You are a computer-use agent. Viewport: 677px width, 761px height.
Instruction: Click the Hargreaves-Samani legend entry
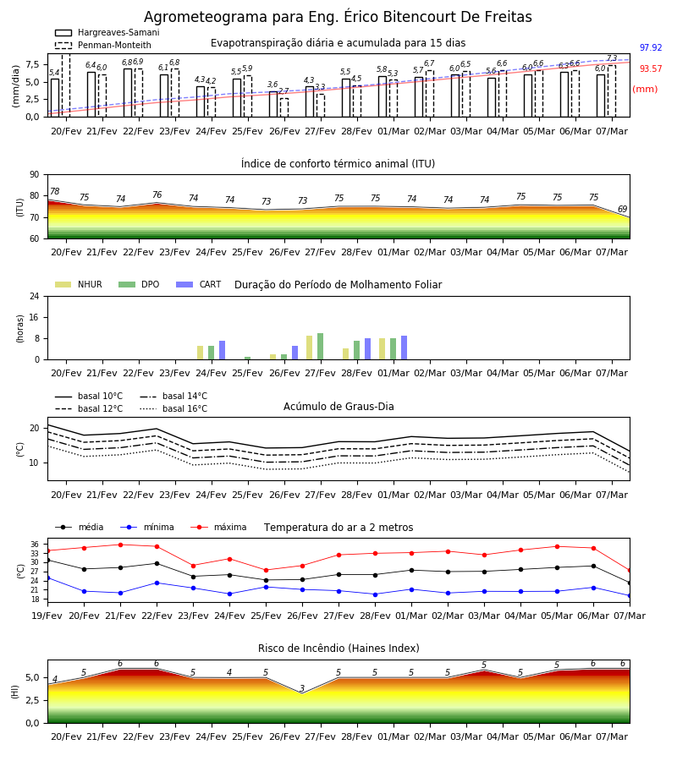coord(107,32)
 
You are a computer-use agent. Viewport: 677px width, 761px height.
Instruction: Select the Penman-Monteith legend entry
coord(103,45)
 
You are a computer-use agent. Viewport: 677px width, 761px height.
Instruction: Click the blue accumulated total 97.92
coord(651,47)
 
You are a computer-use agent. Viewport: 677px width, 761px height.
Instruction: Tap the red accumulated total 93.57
coord(651,69)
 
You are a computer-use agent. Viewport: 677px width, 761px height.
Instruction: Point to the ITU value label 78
coord(55,191)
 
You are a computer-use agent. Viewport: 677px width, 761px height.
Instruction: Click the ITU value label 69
coord(622,209)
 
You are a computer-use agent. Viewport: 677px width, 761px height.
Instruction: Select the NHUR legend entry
coord(79,284)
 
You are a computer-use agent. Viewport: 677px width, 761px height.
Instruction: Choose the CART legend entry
coord(199,284)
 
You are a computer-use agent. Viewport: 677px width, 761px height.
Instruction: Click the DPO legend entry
coord(139,284)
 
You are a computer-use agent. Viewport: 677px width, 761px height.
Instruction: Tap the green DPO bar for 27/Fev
coord(321,347)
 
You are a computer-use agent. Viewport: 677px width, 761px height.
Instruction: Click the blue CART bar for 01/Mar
coord(404,348)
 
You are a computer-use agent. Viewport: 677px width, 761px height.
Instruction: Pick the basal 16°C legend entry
coord(173,408)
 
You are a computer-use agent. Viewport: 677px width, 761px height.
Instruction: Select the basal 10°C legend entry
coord(89,396)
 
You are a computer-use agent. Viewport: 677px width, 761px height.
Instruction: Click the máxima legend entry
coord(218,527)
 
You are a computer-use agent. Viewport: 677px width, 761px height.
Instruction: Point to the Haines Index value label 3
coord(302,688)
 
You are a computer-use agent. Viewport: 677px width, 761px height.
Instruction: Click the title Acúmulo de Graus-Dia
coord(338,407)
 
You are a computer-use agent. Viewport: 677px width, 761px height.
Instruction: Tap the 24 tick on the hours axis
coord(35,297)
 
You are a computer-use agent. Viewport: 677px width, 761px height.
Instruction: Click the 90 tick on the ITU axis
coord(35,175)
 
